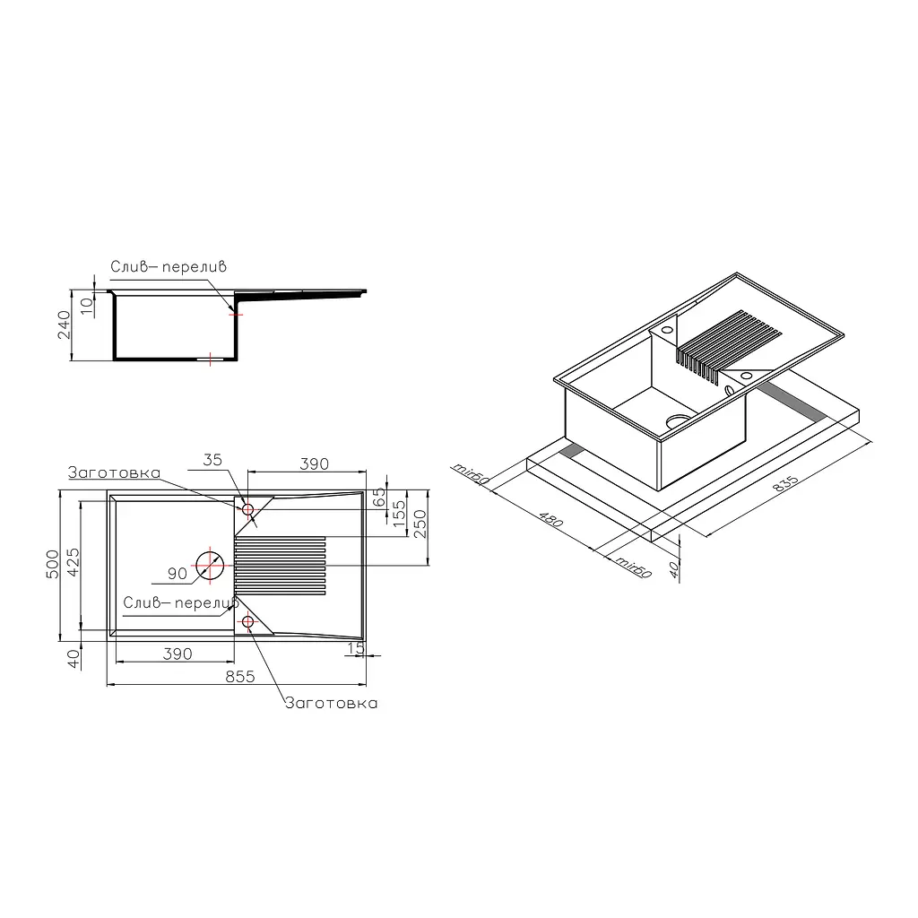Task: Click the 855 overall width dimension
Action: click(240, 676)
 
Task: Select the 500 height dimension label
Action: click(53, 565)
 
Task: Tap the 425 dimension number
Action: click(74, 562)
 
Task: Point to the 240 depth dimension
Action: click(64, 325)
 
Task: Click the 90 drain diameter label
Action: click(178, 574)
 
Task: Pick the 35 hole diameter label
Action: click(212, 460)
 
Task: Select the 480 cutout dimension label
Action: click(551, 519)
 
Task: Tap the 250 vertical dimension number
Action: click(420, 524)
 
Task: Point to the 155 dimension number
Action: click(399, 514)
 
